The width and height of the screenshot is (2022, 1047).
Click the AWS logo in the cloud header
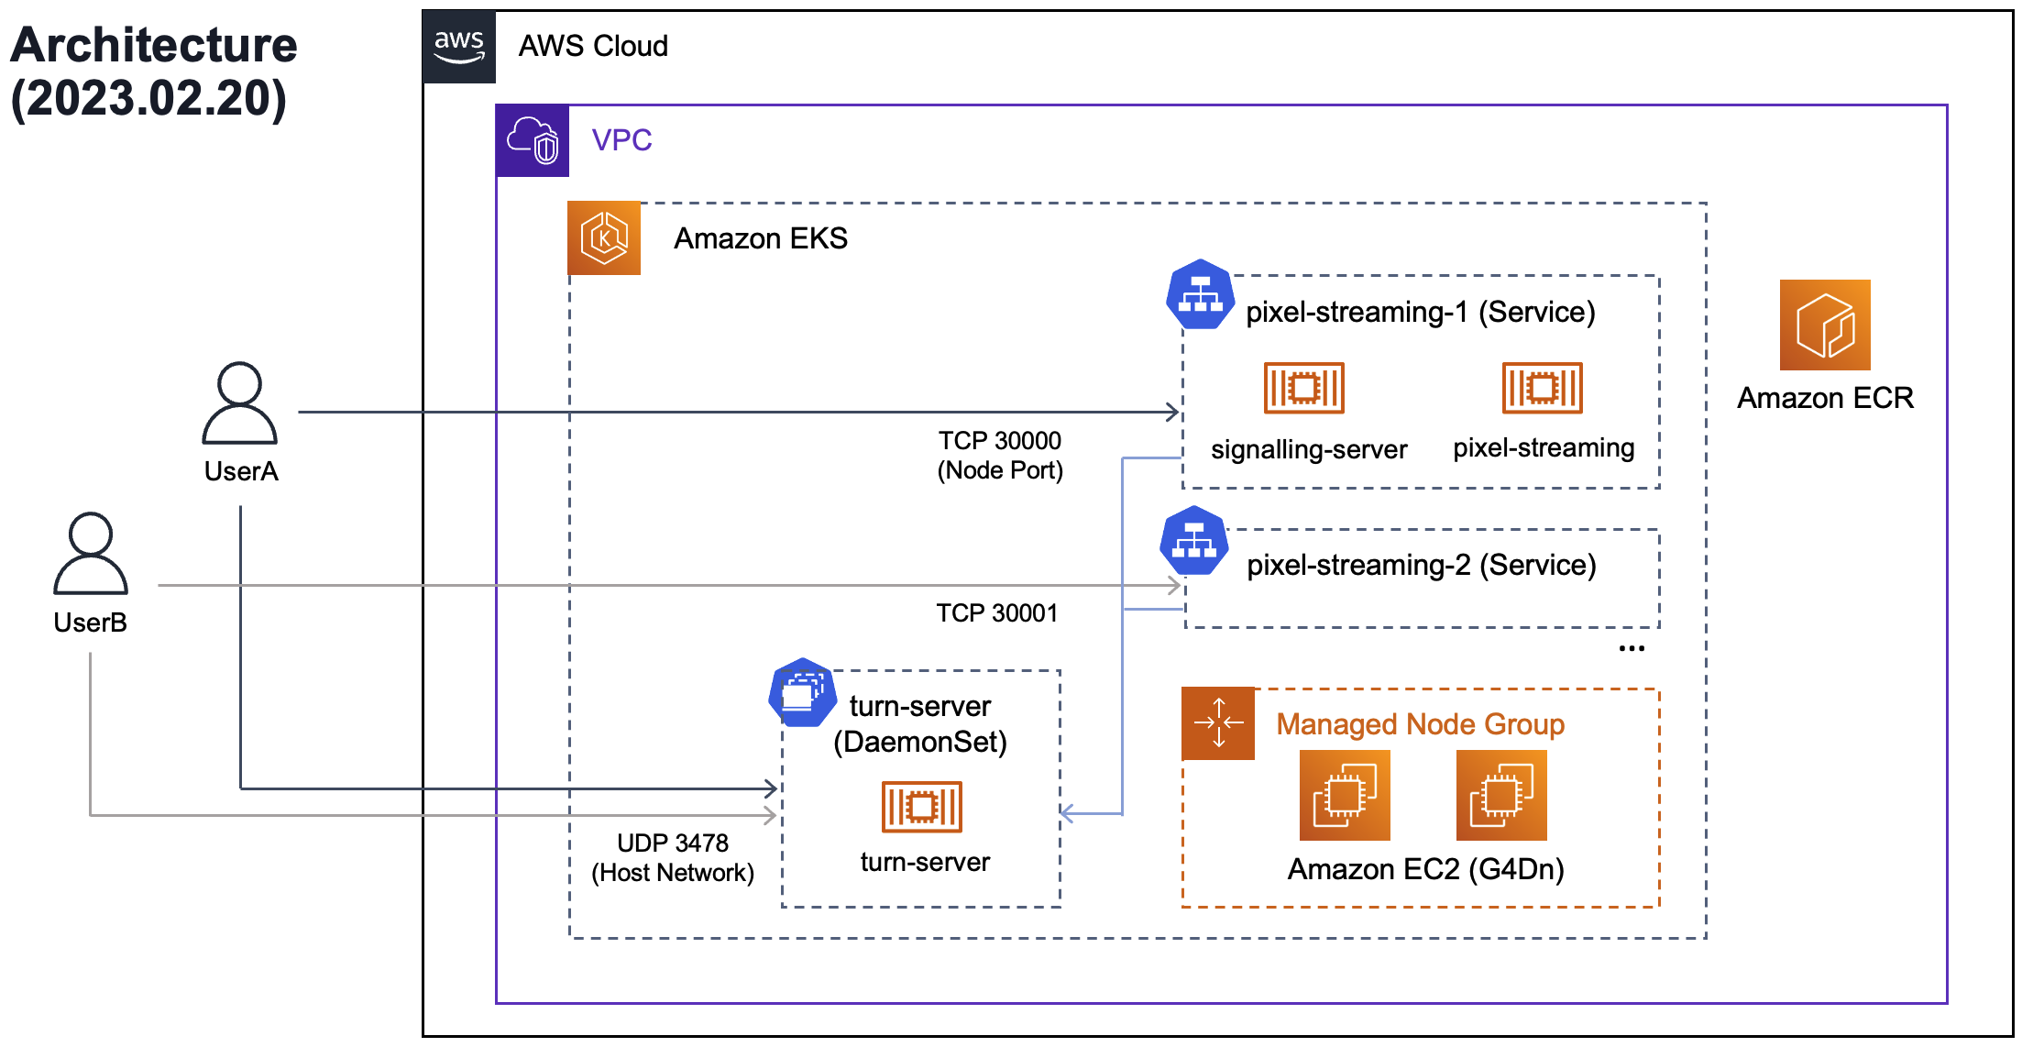tap(459, 47)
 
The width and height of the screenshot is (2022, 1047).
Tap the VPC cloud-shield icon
tap(533, 140)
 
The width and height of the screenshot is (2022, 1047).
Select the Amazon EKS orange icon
tap(604, 238)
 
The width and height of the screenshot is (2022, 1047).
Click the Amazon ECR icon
tap(1824, 325)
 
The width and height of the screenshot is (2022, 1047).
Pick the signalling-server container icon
tap(1303, 388)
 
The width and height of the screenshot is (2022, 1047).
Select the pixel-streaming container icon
tap(1542, 388)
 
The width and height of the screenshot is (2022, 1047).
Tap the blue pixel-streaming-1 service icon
tap(1200, 294)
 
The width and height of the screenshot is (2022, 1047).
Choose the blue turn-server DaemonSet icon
tap(802, 692)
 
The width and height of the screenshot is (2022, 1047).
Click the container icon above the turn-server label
tap(921, 807)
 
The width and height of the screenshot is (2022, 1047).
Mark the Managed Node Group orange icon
tap(1218, 723)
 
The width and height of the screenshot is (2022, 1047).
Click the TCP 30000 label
tap(999, 441)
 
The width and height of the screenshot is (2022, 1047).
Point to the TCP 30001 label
tap(996, 613)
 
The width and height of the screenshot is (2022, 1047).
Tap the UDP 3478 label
tap(672, 843)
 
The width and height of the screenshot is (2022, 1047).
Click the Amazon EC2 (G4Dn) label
tap(1425, 868)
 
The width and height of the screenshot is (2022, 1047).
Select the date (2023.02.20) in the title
tap(148, 98)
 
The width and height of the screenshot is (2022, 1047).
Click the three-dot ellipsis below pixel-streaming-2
tap(1632, 648)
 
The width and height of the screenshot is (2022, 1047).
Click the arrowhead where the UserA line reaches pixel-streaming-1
tap(1173, 412)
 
